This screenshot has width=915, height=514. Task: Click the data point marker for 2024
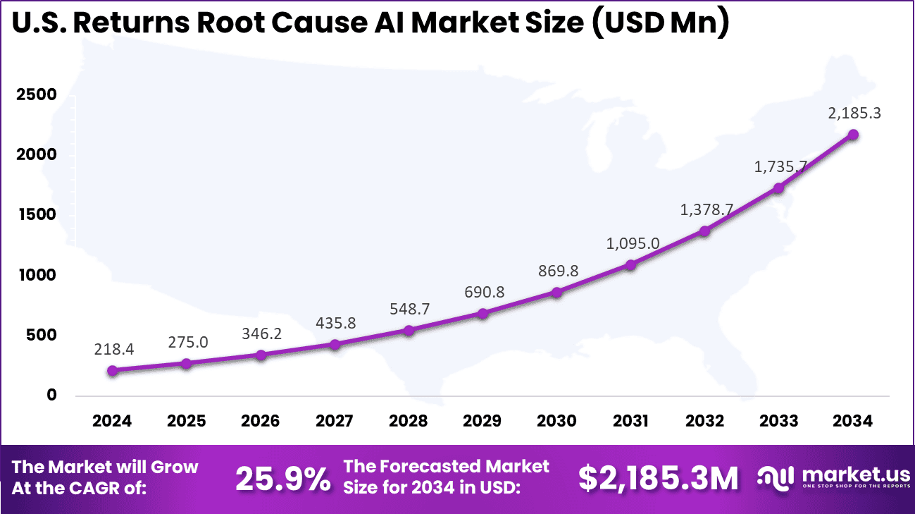pyautogui.click(x=112, y=370)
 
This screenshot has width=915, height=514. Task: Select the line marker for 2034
pyautogui.click(x=853, y=134)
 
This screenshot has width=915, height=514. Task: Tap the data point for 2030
pyautogui.click(x=556, y=292)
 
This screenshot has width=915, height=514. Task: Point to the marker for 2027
pyautogui.click(x=335, y=344)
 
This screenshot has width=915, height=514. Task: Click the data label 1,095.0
pyautogui.click(x=633, y=243)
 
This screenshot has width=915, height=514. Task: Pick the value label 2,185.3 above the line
pyautogui.click(x=854, y=113)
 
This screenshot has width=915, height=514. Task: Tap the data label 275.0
pyautogui.click(x=188, y=342)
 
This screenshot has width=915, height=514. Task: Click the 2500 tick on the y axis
pyautogui.click(x=37, y=94)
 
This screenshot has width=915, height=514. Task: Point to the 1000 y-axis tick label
pyautogui.click(x=37, y=275)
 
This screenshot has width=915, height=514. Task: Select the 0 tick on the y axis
pyautogui.click(x=51, y=395)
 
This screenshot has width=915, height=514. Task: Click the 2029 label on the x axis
pyautogui.click(x=482, y=421)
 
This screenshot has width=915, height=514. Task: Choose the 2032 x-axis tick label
pyautogui.click(x=704, y=421)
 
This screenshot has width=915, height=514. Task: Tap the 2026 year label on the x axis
pyautogui.click(x=260, y=421)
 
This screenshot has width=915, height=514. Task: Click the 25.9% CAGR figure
pyautogui.click(x=282, y=479)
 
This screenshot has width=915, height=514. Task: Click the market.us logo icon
pyautogui.click(x=776, y=477)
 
